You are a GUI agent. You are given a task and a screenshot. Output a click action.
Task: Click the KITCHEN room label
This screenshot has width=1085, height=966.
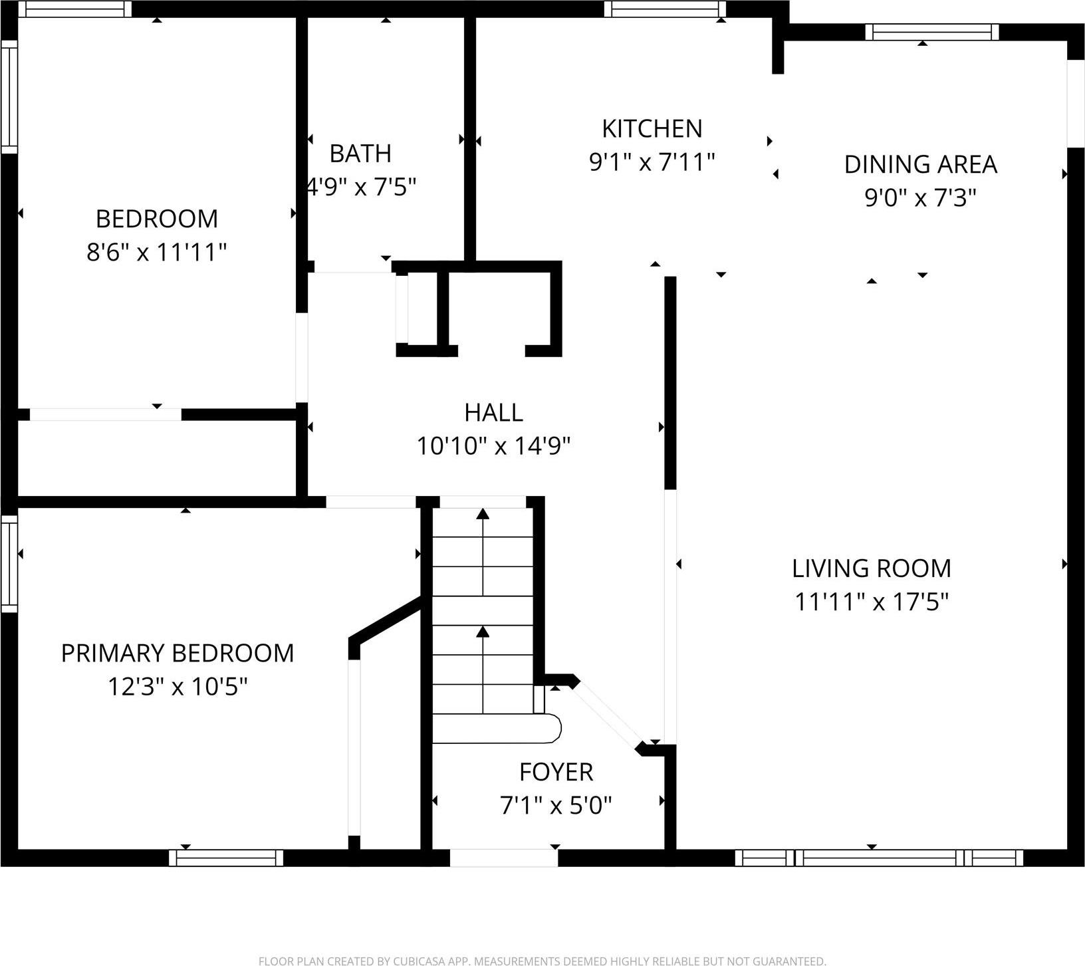coord(652,128)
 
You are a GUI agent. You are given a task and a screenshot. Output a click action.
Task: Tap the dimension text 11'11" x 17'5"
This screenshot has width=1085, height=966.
coord(871,602)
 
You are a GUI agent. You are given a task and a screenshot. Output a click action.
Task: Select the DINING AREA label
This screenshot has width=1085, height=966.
coord(920,164)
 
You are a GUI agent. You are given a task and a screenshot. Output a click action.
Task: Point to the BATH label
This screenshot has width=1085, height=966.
coord(360,154)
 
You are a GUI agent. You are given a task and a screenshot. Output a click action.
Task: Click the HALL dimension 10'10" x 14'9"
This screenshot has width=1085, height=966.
coord(493,445)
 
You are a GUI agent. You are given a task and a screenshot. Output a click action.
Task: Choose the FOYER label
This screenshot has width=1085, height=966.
coord(556,772)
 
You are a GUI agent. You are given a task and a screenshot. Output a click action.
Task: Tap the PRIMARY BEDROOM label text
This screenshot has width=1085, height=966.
coord(178,653)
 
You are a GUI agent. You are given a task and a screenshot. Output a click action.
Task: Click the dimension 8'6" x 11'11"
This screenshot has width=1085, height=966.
coord(157,252)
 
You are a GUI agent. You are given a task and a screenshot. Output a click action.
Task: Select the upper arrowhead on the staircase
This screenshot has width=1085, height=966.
coord(483,513)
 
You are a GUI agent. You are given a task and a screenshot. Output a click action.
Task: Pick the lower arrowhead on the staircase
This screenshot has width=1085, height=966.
coord(483,631)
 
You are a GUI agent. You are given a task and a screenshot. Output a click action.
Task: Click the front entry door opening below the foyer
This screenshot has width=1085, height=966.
coord(503,858)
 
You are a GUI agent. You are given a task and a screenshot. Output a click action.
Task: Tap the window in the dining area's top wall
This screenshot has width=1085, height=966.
coord(935,32)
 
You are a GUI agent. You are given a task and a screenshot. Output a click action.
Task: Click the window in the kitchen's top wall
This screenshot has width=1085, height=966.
coord(665,9)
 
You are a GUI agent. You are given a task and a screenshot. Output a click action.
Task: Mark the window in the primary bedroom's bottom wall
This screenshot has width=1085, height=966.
coord(226,858)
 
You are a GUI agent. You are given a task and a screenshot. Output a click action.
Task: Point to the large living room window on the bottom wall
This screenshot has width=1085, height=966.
coord(879,858)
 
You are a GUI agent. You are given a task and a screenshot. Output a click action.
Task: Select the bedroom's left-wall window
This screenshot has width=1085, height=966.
coord(9,96)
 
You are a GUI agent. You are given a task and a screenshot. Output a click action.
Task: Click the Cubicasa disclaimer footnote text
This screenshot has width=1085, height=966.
coord(542,961)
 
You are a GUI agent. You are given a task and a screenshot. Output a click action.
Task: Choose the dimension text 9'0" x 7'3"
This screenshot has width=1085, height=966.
coord(920,198)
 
